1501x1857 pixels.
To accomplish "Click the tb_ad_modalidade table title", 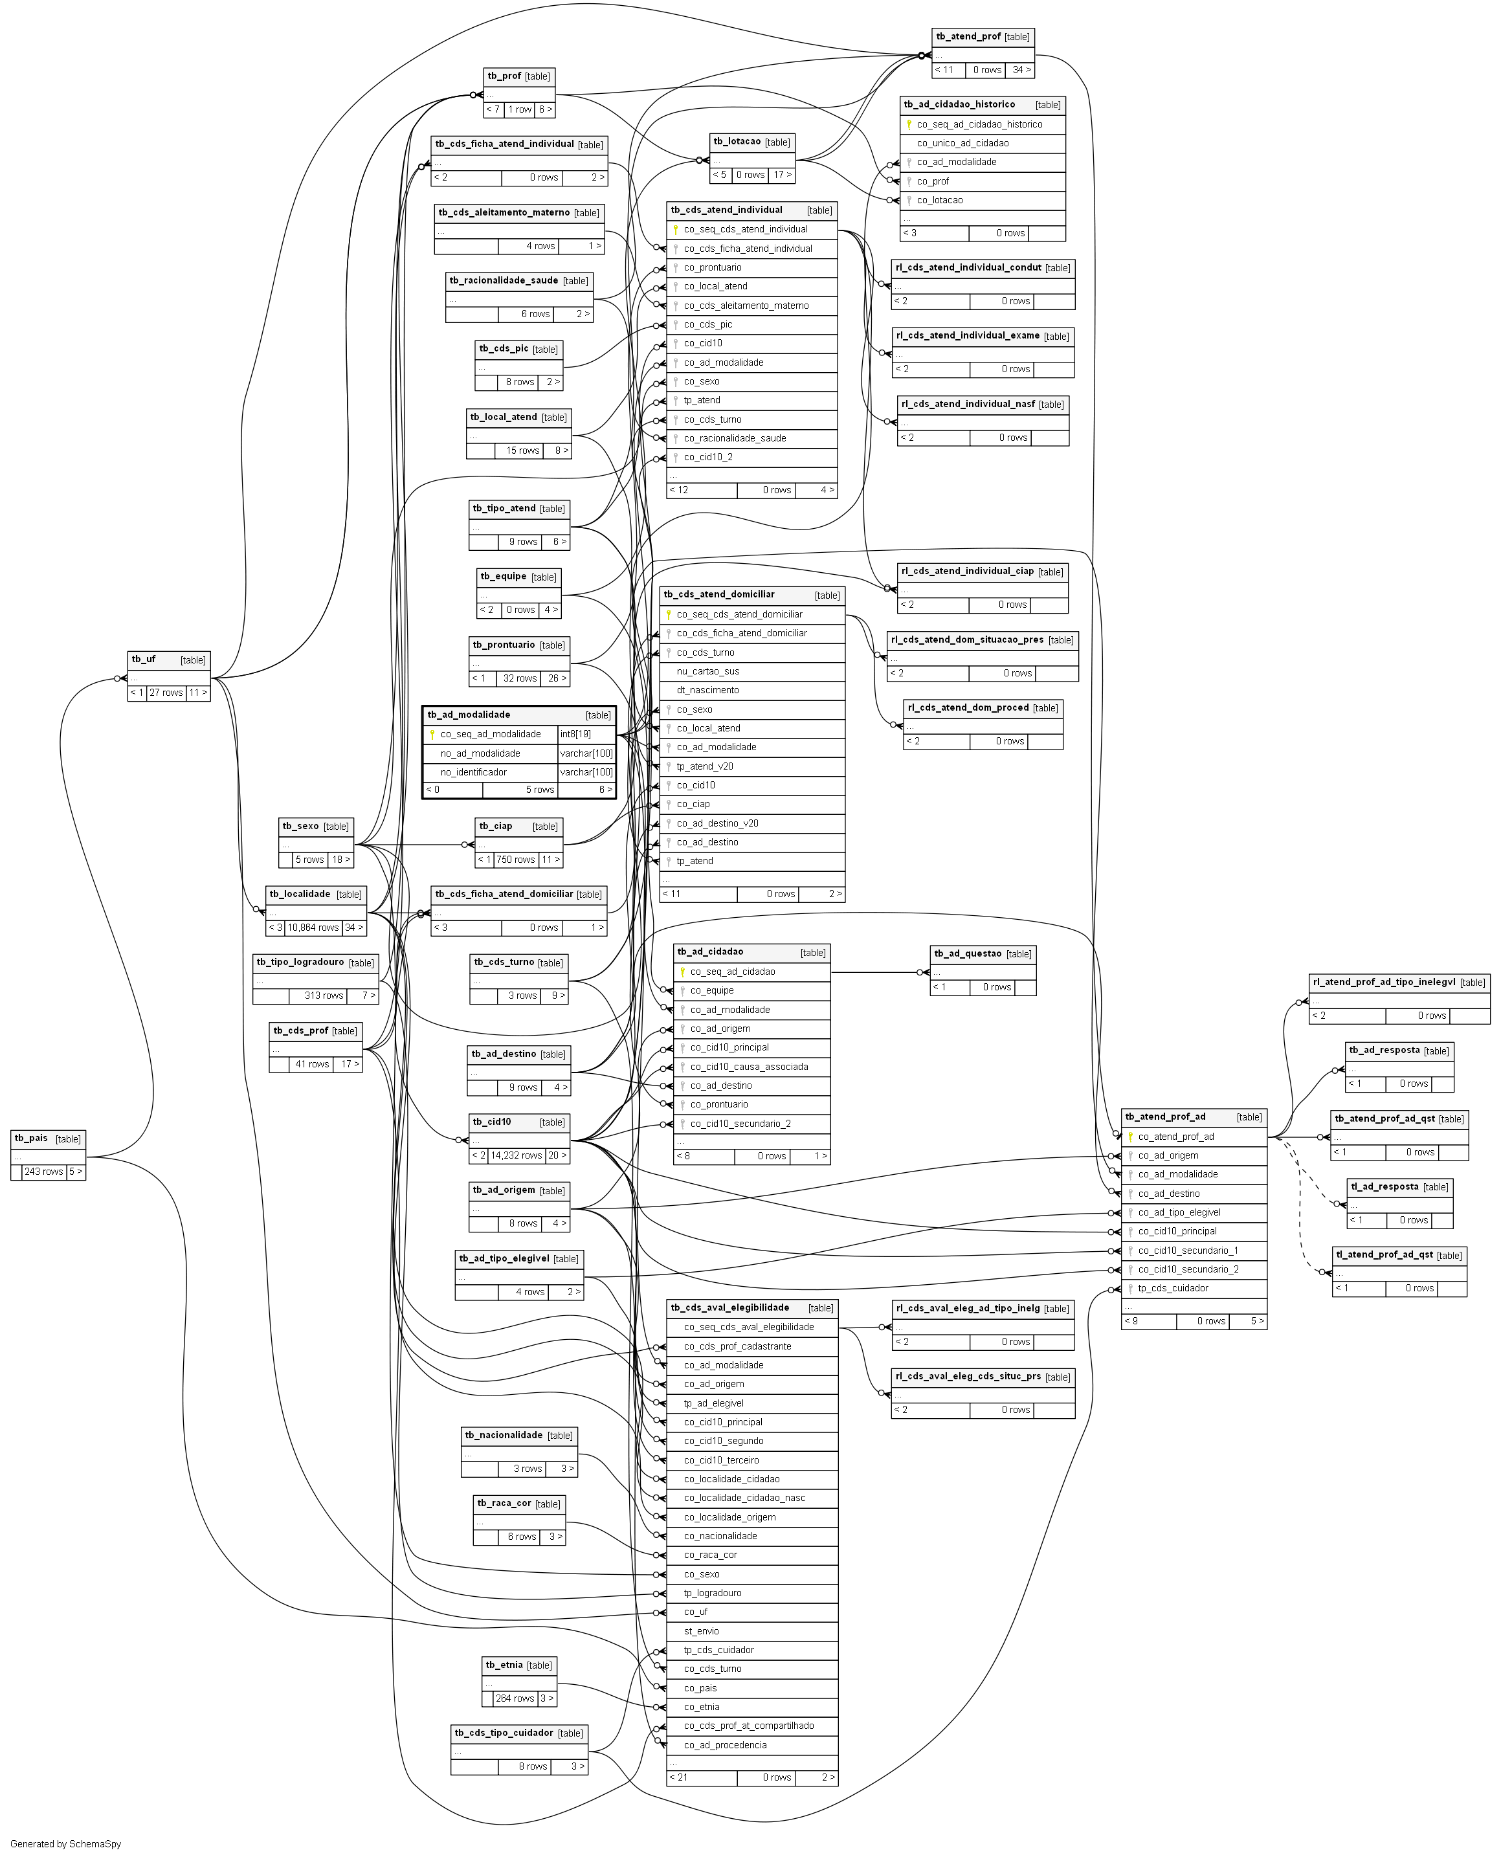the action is [x=469, y=715].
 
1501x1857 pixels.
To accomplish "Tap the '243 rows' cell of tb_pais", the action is [x=44, y=1172].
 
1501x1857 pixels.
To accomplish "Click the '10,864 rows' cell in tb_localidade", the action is [x=313, y=928].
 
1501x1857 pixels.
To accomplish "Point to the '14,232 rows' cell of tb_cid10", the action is [x=516, y=1155].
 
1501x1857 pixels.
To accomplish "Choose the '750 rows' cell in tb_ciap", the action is [x=515, y=860].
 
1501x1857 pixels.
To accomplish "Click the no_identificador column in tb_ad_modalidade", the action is [x=473, y=772].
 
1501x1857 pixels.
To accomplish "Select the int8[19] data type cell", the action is [x=576, y=734].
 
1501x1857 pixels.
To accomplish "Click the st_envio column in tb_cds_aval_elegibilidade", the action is [x=701, y=1630].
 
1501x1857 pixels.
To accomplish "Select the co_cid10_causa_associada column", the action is [x=749, y=1066].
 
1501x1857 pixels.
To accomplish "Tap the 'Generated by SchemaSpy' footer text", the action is [x=66, y=1844].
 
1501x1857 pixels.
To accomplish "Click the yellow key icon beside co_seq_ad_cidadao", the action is [x=682, y=972].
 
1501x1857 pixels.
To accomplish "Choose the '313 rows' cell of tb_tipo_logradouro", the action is [x=324, y=995].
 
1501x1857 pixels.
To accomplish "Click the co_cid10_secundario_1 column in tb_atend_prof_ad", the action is [x=1188, y=1250].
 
